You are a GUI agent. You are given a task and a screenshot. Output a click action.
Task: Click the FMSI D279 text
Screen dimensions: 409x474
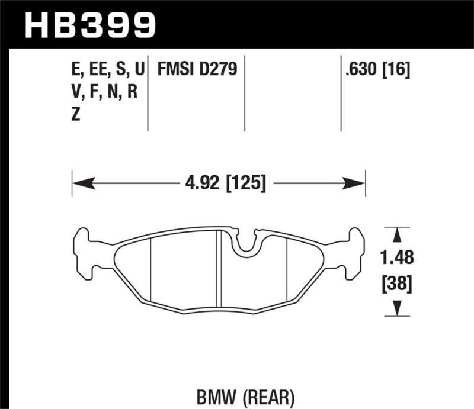[196, 70]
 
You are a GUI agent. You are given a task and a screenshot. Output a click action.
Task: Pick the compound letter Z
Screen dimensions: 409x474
[75, 115]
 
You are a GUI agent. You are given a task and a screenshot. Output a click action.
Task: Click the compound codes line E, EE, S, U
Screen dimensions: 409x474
[107, 70]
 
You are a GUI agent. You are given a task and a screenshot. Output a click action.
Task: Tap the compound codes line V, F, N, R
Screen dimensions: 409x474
[103, 92]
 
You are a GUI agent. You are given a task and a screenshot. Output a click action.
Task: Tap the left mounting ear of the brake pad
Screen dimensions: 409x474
[83, 251]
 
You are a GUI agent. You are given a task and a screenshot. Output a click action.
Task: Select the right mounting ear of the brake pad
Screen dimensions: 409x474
[354, 251]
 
